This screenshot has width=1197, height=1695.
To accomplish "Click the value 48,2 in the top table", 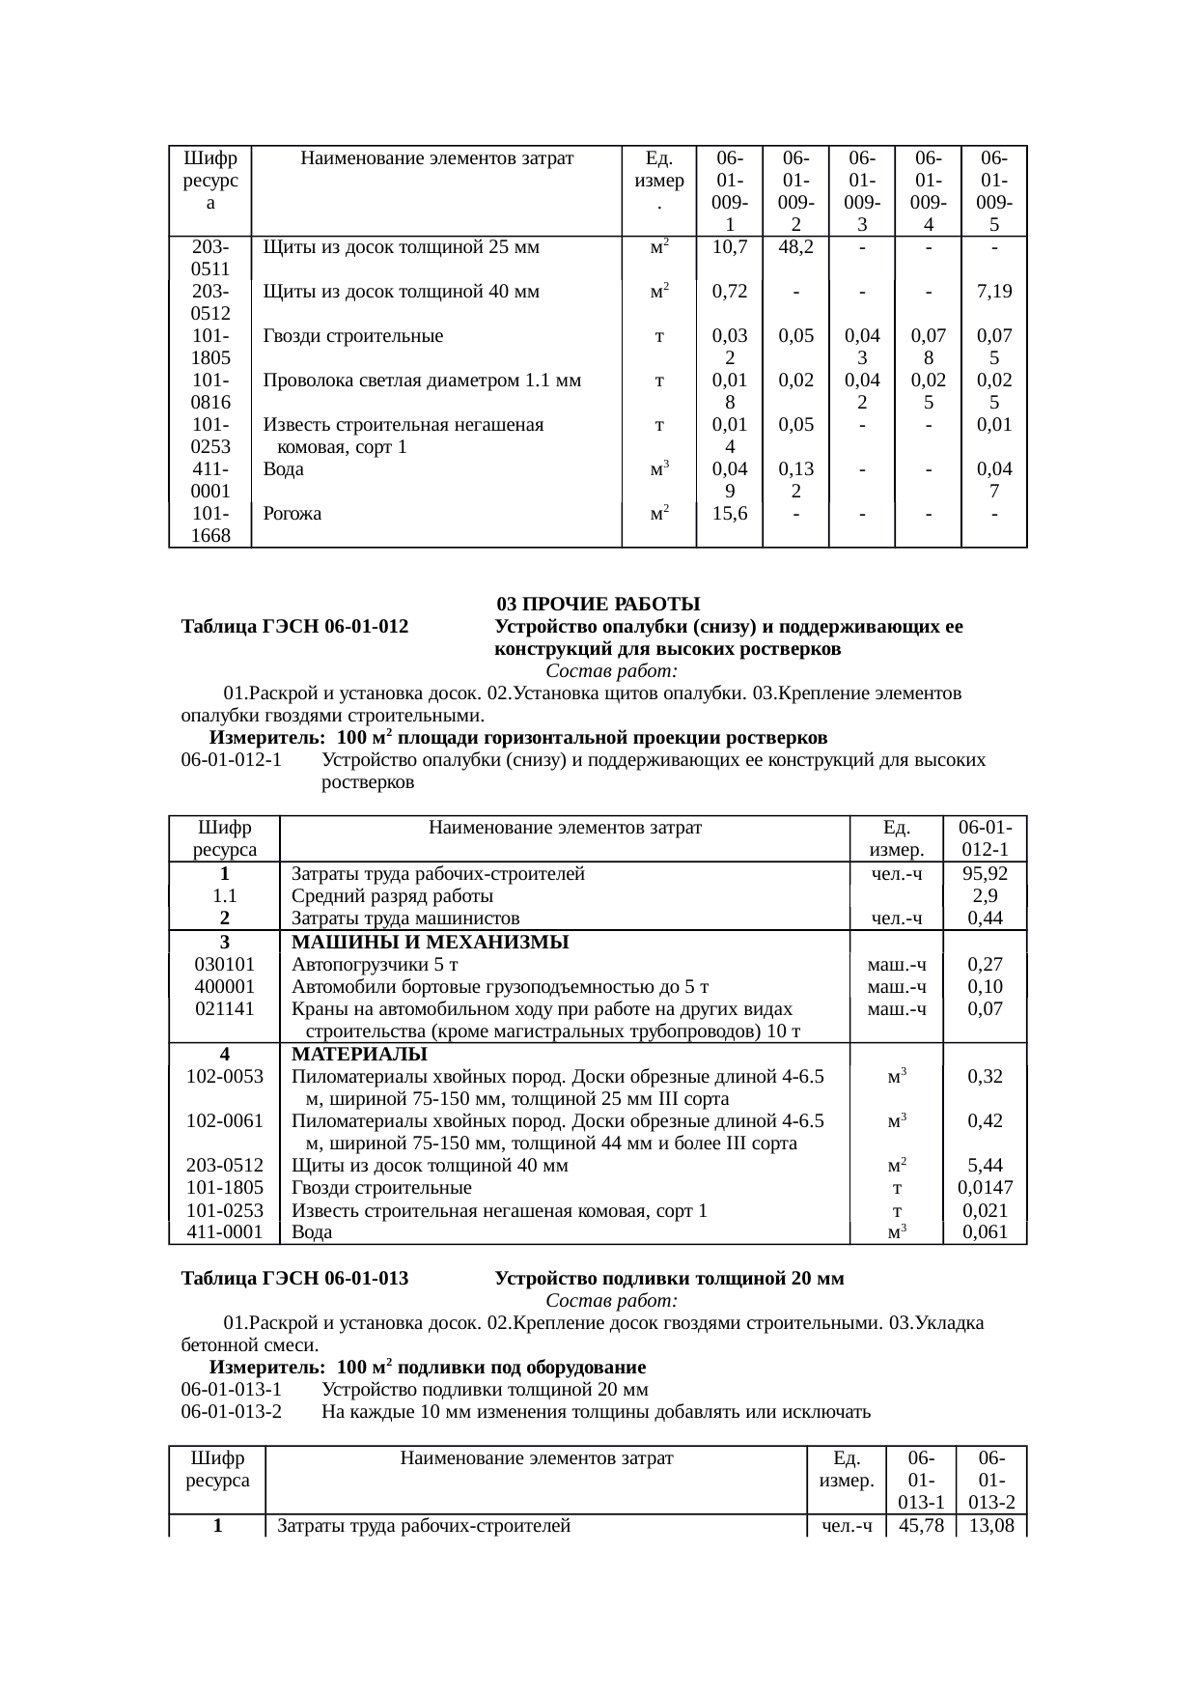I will [x=795, y=247].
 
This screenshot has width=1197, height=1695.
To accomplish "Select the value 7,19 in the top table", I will [x=993, y=292].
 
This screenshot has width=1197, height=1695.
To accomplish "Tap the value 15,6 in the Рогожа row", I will [x=730, y=514].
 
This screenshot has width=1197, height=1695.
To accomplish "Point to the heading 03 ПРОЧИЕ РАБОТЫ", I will [x=598, y=605].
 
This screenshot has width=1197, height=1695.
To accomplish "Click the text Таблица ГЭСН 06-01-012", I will [x=294, y=627].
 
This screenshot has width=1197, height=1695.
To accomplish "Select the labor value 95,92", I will [x=985, y=874].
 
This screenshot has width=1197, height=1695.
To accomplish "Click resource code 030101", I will [x=225, y=964].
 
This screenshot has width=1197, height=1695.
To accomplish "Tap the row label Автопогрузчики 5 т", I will [x=375, y=964].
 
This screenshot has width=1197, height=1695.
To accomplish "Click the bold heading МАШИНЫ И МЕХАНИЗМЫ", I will [x=430, y=942].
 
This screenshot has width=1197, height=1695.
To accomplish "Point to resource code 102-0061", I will [x=225, y=1121].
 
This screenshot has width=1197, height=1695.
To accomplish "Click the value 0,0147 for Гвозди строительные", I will [x=985, y=1188].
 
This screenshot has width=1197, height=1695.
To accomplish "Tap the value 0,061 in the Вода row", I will [x=985, y=1232].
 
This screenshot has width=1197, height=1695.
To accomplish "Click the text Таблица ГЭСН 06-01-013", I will [x=294, y=1279].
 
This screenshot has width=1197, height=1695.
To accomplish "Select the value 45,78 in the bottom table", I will [x=920, y=1526].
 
